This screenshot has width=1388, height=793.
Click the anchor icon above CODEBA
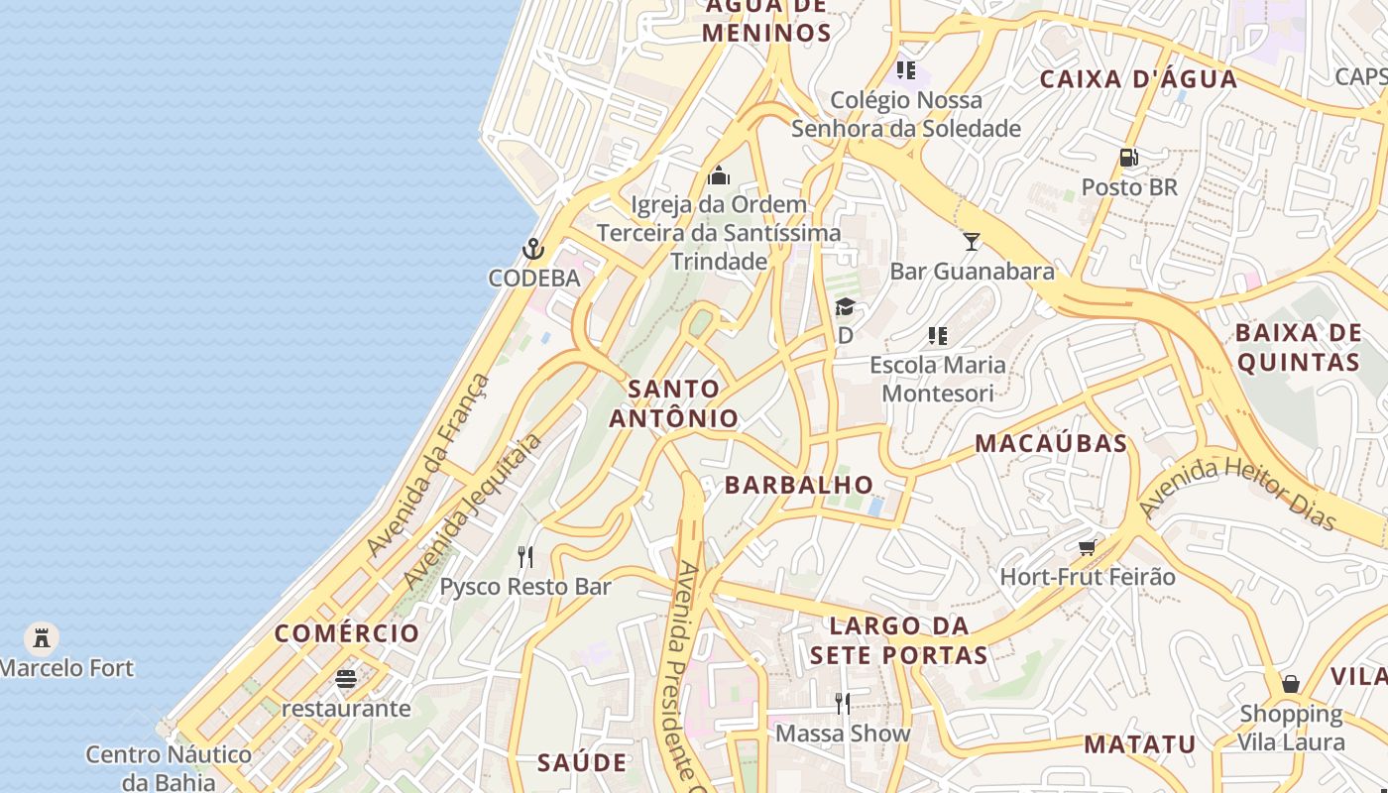tap(533, 248)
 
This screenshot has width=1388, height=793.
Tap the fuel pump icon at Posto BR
tap(1128, 158)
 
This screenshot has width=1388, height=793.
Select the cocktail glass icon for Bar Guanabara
tap(972, 241)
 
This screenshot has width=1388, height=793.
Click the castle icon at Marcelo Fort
tap(41, 637)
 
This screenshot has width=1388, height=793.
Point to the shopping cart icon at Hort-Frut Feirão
tap(1088, 547)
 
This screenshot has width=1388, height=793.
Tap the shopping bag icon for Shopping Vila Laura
tap(1290, 683)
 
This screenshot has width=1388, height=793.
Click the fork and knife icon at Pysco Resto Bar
tap(525, 557)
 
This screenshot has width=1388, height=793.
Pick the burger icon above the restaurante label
tap(345, 679)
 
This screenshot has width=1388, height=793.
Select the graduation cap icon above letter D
tap(845, 306)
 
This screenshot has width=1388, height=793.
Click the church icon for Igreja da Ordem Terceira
tap(719, 176)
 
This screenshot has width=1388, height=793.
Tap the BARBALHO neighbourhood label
tap(799, 485)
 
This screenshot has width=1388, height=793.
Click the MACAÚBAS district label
tap(1051, 443)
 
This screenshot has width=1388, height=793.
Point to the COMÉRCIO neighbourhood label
tap(347, 633)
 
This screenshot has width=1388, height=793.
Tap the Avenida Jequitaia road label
tap(472, 511)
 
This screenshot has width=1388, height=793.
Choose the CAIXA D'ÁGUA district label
tap(1138, 79)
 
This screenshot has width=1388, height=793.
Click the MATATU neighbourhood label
tap(1139, 744)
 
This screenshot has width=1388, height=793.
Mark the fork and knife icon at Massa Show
tap(842, 704)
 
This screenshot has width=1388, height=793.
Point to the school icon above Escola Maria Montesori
tap(937, 336)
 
